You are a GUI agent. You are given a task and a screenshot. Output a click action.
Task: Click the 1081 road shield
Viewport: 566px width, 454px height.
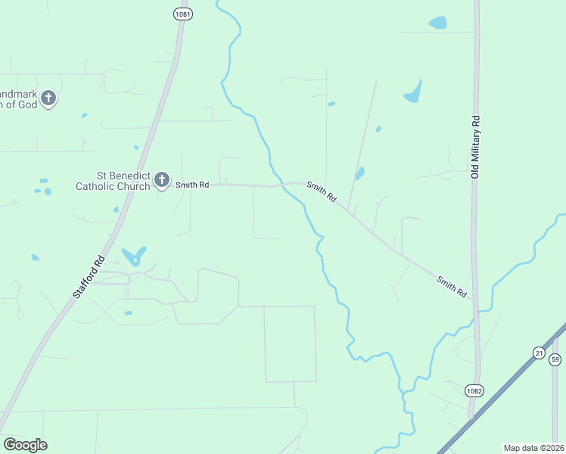[182, 14]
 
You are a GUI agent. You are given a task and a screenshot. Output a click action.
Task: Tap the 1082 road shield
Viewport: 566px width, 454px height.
[474, 390]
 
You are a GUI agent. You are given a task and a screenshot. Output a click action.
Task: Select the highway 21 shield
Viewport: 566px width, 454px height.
[538, 353]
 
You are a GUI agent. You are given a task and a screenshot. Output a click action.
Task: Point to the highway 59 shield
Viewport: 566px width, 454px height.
[555, 359]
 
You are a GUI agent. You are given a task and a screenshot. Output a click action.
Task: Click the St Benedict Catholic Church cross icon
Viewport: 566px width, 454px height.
[161, 180]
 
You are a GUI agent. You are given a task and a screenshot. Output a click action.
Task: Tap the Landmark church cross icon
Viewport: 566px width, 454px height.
[48, 98]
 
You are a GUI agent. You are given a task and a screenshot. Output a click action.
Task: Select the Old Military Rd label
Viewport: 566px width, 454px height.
[475, 147]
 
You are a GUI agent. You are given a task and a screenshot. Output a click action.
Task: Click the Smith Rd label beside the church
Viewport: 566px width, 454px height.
[192, 184]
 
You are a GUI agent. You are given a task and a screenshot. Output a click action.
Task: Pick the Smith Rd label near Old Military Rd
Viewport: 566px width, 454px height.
[451, 286]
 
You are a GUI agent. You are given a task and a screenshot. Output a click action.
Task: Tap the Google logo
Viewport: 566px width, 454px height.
[25, 445]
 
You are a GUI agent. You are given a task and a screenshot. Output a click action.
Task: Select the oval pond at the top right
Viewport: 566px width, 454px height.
[437, 23]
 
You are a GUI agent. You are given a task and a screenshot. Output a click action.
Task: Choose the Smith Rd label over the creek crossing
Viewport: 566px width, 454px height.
[322, 192]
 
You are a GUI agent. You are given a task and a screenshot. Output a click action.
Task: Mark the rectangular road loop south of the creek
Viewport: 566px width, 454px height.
[290, 344]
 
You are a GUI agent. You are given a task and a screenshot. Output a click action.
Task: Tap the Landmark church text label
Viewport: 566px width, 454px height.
[18, 98]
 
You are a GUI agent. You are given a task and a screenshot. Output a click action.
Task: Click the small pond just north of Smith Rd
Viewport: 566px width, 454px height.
[359, 173]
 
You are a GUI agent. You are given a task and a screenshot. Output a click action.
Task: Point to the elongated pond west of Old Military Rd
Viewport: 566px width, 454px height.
[412, 92]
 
